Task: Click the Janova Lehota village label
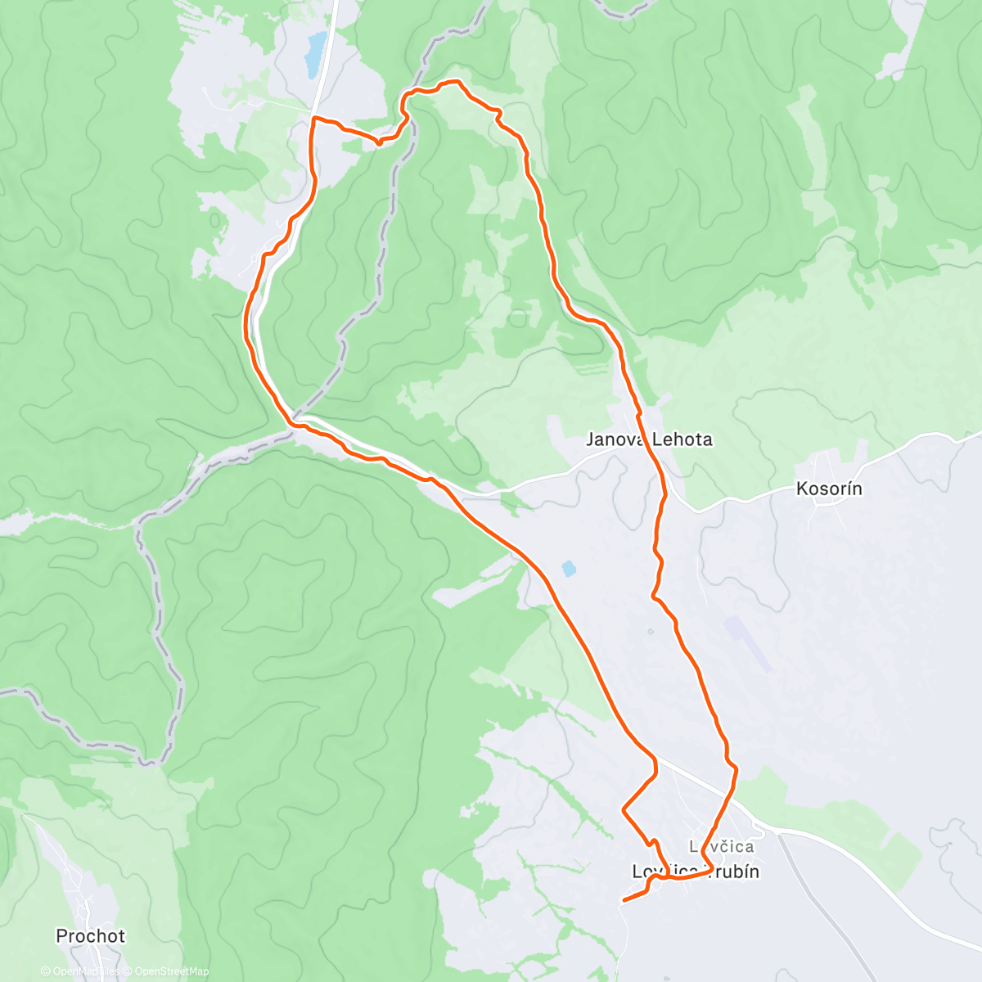[649, 439]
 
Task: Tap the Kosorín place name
[829, 489]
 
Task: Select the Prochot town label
[91, 935]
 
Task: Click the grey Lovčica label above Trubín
[721, 846]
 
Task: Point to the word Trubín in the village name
[732, 872]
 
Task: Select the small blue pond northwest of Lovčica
[567, 567]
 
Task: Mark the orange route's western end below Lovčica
[624, 900]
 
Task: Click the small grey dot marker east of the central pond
[650, 630]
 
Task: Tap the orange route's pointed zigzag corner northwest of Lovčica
[624, 809]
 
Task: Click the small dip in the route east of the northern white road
[378, 142]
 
